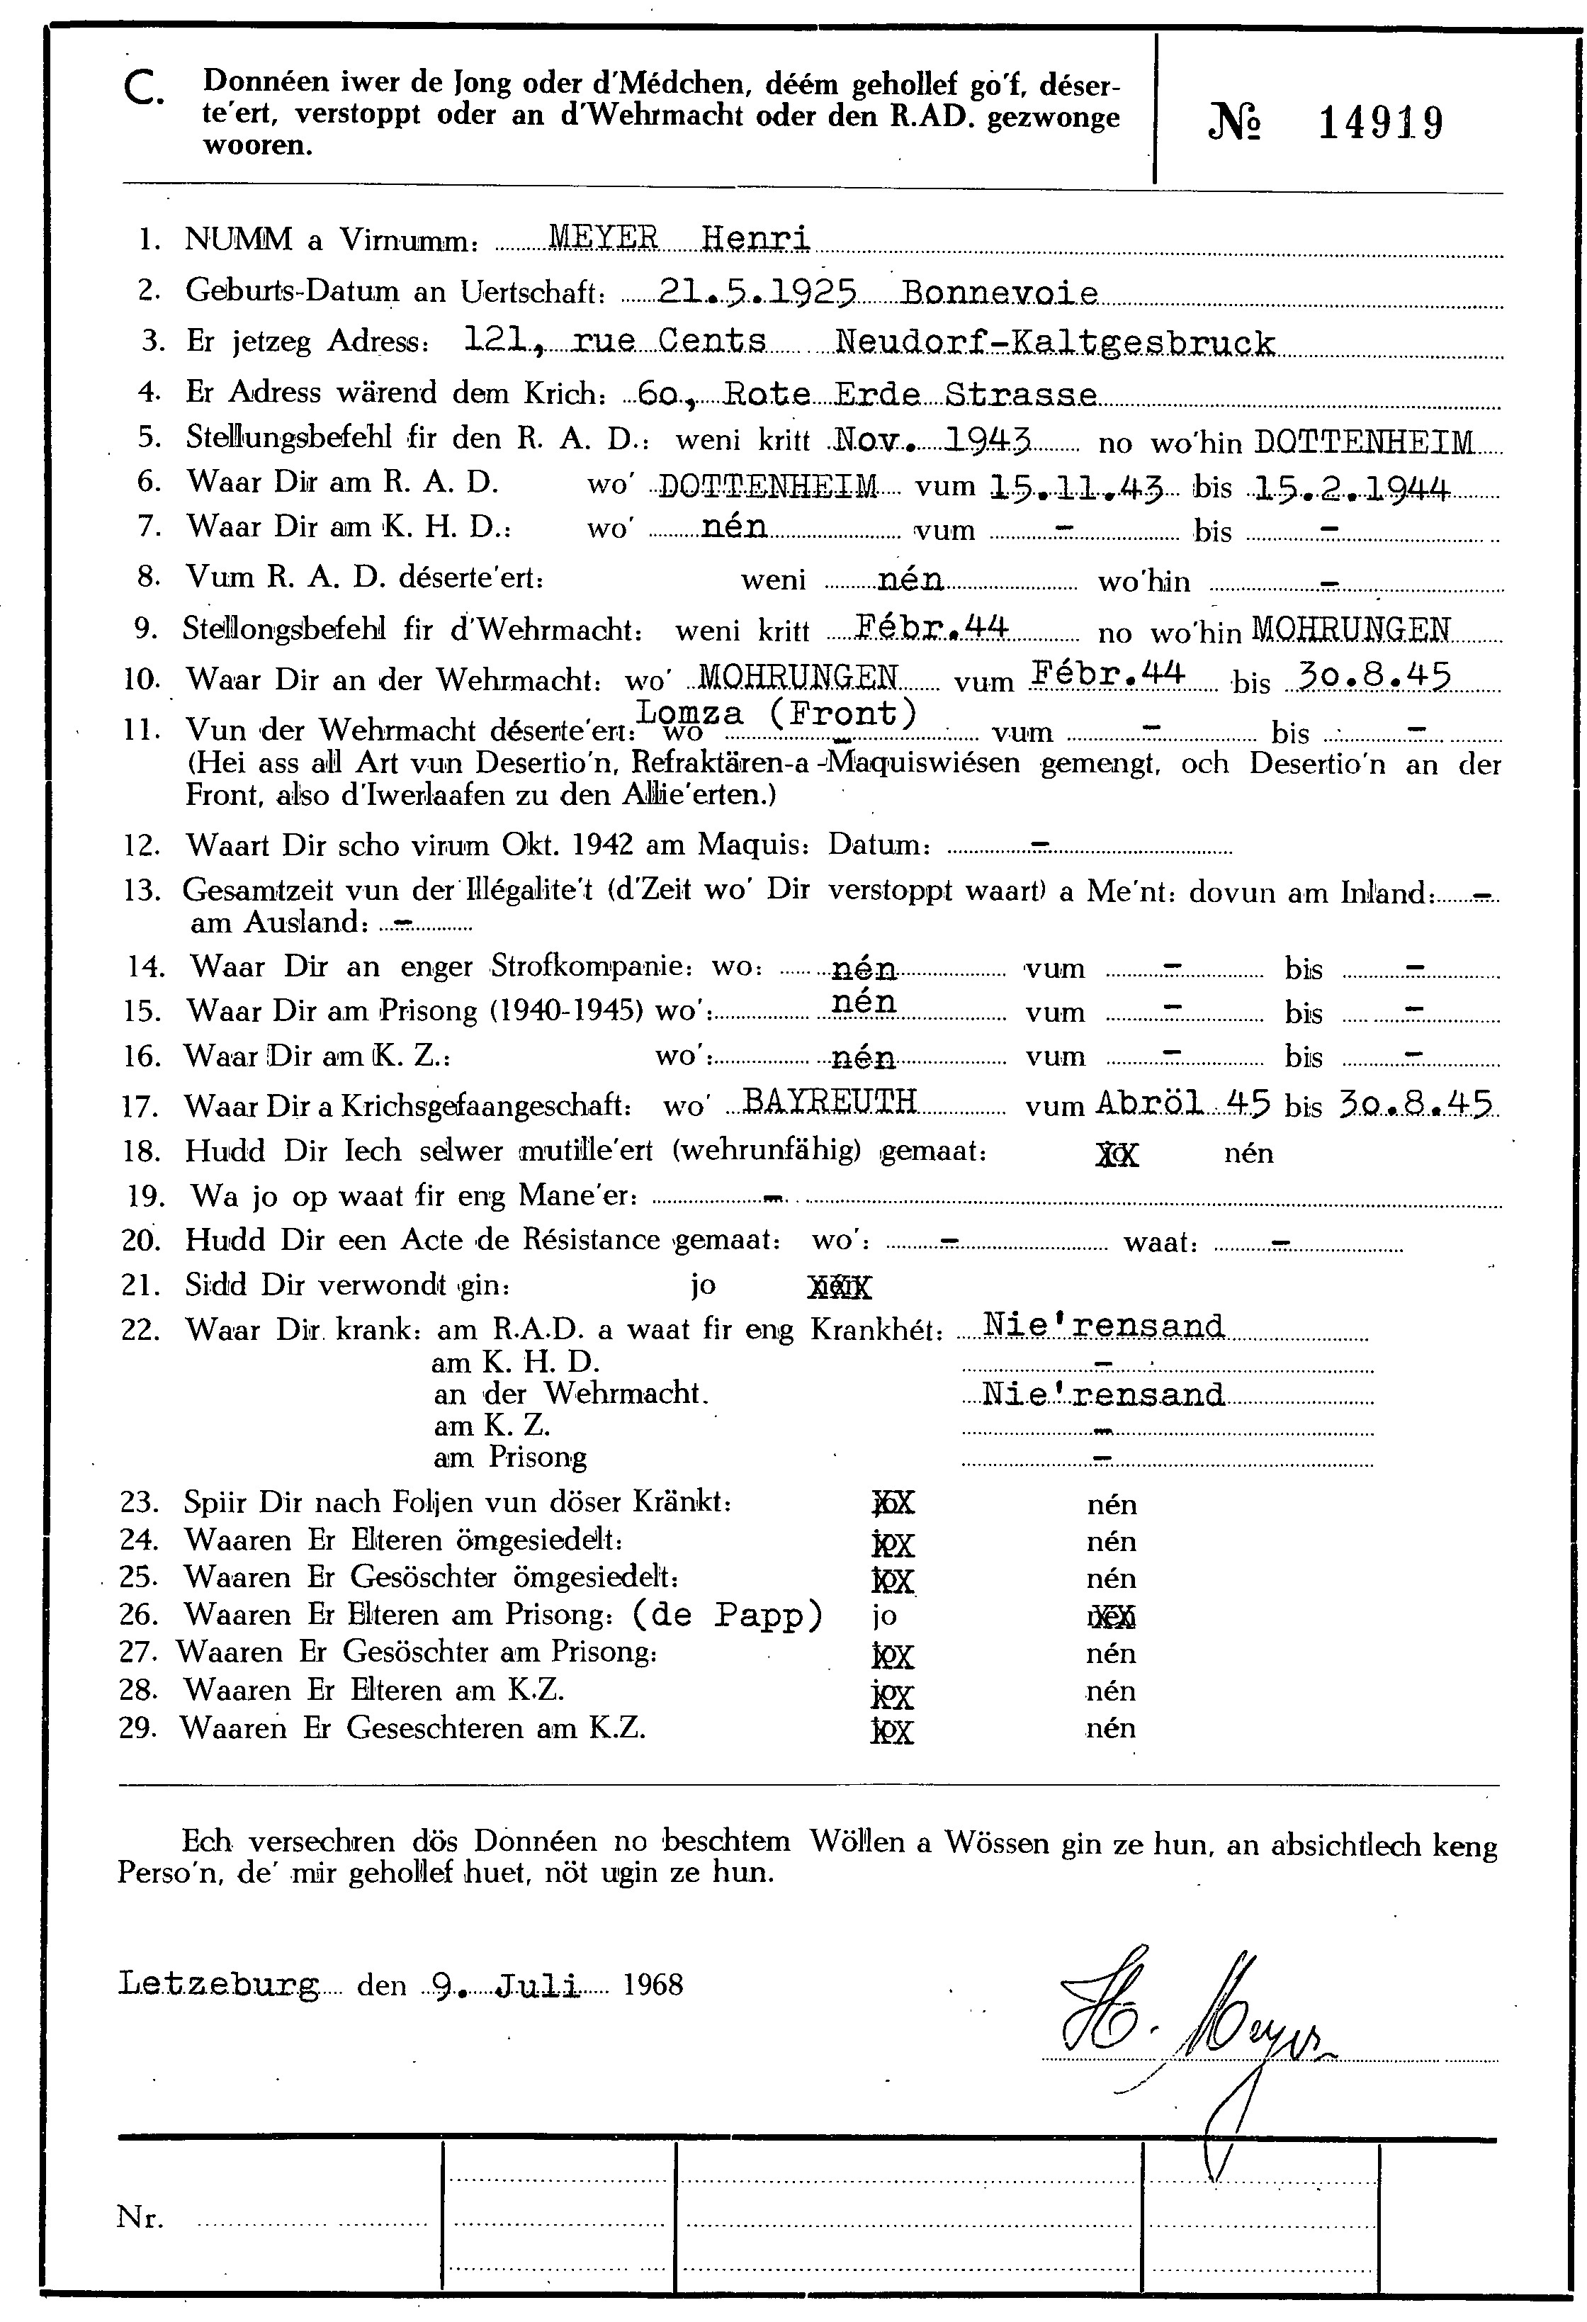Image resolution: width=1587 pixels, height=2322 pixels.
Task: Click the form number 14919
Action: [1380, 125]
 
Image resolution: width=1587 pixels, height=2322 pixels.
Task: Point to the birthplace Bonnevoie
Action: [1000, 293]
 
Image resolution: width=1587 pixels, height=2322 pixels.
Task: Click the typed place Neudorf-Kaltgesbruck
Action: [1054, 343]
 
